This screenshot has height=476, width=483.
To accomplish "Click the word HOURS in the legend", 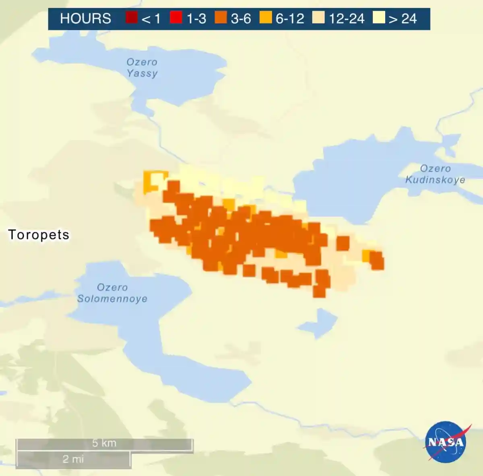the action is [x=85, y=19].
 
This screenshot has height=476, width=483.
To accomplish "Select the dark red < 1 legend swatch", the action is [x=132, y=18].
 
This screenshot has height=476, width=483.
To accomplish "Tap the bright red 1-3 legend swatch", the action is [x=176, y=18].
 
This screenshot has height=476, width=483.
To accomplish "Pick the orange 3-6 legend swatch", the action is [x=221, y=18].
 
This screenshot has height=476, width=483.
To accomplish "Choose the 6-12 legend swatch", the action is [x=265, y=18].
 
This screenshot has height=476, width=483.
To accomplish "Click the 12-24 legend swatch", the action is [x=318, y=18].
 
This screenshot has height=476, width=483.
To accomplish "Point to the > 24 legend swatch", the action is [x=378, y=18].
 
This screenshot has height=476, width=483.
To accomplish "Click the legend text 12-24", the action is [x=346, y=19].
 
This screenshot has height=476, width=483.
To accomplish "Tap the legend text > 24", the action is [x=402, y=19].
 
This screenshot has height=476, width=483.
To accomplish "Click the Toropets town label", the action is [x=39, y=235].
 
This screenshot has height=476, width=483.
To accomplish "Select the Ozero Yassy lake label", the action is [x=142, y=68].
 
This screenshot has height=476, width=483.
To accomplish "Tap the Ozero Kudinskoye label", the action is [x=435, y=174].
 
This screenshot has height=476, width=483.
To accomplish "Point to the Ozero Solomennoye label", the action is [x=112, y=293].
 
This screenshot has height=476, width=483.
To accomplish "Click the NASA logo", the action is [x=446, y=442].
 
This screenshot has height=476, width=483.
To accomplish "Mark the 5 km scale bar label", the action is [x=104, y=443].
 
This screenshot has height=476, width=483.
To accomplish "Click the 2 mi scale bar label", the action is [x=73, y=459].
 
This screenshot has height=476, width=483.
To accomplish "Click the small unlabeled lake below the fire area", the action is [x=319, y=323].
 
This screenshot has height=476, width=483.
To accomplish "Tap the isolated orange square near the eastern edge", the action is [x=343, y=243].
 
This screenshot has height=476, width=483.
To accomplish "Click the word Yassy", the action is [x=142, y=74].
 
